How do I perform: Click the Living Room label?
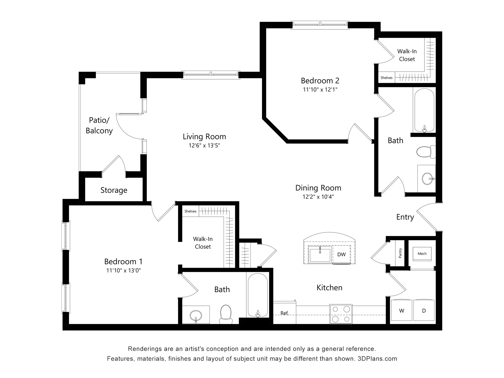click(x=204, y=136)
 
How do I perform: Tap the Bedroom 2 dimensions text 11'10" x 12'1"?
click(x=320, y=90)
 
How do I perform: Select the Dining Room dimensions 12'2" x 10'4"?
click(x=318, y=197)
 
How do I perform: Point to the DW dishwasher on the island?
click(x=342, y=254)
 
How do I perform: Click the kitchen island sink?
click(x=320, y=254)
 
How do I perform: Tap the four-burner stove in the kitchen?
click(x=341, y=314)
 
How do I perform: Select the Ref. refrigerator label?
click(x=285, y=313)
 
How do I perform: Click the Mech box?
click(x=422, y=254)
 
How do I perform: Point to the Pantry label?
click(x=400, y=253)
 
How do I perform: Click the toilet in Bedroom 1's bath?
click(x=226, y=314)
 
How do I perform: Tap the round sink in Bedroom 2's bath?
click(x=428, y=179)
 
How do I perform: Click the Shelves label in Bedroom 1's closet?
click(x=190, y=211)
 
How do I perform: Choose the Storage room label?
click(x=114, y=190)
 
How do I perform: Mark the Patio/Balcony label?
click(x=99, y=125)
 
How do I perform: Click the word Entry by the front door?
click(x=405, y=217)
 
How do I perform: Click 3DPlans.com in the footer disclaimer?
click(x=377, y=359)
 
